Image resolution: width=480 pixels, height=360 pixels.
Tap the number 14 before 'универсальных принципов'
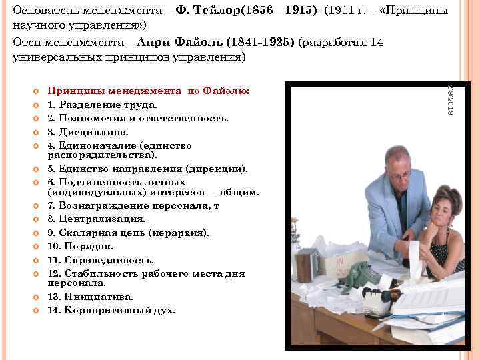[x=376, y=42]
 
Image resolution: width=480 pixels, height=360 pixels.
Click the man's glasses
[x=398, y=175]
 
